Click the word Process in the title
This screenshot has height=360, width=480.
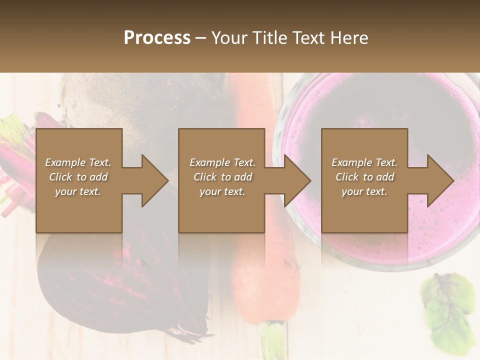157,38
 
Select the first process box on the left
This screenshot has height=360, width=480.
78,215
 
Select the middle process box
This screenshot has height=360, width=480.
221,215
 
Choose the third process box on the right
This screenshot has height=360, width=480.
364,215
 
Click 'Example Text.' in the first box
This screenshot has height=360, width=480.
78,162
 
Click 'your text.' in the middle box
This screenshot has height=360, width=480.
222,191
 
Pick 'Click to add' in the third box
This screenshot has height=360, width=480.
365,177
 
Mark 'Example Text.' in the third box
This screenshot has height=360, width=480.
364,162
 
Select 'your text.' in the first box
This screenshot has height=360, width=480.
78,191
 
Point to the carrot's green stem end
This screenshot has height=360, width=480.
273,340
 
